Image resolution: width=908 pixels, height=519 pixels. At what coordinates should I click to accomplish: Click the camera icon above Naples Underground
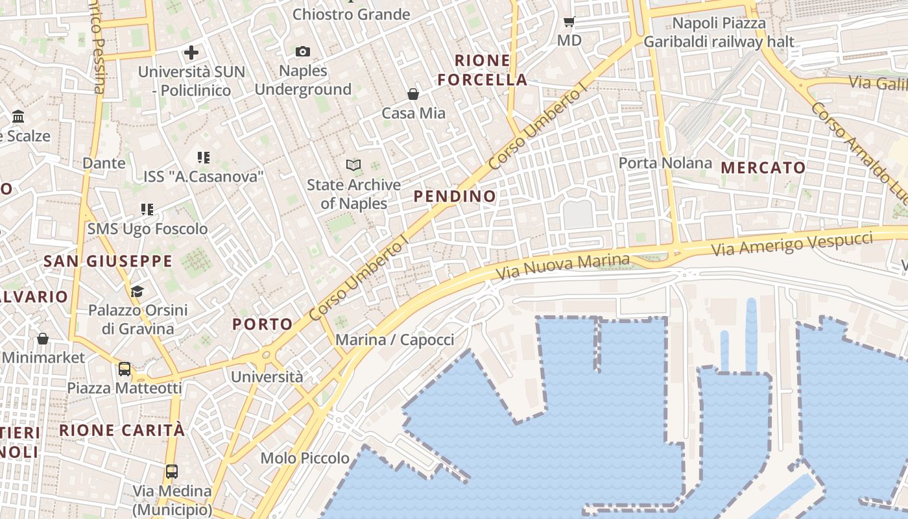302,51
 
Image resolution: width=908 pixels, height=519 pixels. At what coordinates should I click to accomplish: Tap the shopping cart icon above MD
569,22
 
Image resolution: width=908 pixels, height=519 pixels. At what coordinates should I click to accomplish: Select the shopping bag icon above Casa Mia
413,95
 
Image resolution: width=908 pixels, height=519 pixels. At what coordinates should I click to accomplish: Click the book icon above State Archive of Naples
353,165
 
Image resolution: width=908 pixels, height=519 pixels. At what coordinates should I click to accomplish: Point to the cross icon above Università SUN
191,53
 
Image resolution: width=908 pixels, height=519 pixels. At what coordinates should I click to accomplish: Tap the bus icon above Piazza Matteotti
125,369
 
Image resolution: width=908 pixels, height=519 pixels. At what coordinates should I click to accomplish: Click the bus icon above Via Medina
172,472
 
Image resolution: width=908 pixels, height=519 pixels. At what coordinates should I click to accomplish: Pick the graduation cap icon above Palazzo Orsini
137,291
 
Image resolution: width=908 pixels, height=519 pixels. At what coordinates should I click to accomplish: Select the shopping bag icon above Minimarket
43,339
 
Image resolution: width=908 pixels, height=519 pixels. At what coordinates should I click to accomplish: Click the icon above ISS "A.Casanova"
204,157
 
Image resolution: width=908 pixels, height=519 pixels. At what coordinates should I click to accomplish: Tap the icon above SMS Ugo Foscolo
147,210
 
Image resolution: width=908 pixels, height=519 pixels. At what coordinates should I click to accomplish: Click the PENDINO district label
454,196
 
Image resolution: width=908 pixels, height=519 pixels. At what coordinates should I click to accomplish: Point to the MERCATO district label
763,167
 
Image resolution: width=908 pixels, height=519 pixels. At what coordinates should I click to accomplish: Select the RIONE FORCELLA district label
482,70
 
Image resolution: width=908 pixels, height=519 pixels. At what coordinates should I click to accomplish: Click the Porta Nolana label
665,163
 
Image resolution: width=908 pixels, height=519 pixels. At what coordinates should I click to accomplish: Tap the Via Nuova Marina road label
562,267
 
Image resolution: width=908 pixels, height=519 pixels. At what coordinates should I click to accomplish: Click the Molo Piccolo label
305,458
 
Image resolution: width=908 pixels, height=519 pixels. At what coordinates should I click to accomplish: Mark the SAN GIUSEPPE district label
108,261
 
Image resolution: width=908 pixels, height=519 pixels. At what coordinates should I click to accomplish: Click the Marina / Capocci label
394,340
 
